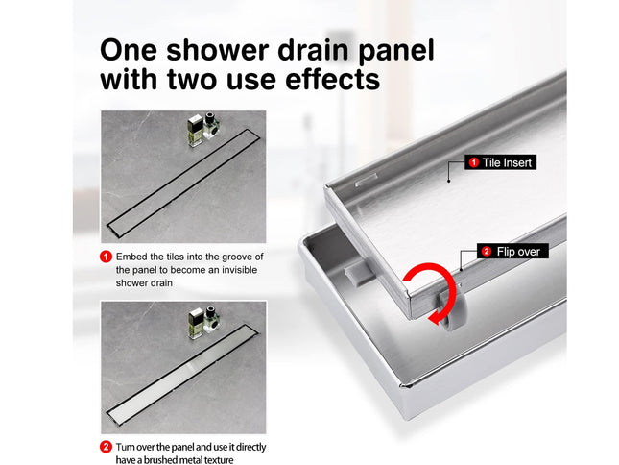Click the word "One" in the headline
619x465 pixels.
coord(136,50)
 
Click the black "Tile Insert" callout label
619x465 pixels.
coord(499,163)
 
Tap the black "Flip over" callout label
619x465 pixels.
coord(512,252)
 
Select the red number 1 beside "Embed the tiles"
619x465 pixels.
coord(106,257)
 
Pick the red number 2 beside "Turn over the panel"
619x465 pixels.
coord(106,447)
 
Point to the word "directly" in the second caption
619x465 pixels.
coord(247,447)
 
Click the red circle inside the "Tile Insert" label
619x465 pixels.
coord(473,163)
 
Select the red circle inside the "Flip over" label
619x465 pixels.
coord(487,252)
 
